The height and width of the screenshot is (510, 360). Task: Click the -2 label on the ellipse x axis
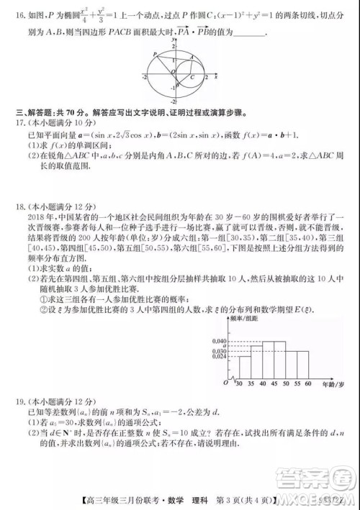[145, 76]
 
